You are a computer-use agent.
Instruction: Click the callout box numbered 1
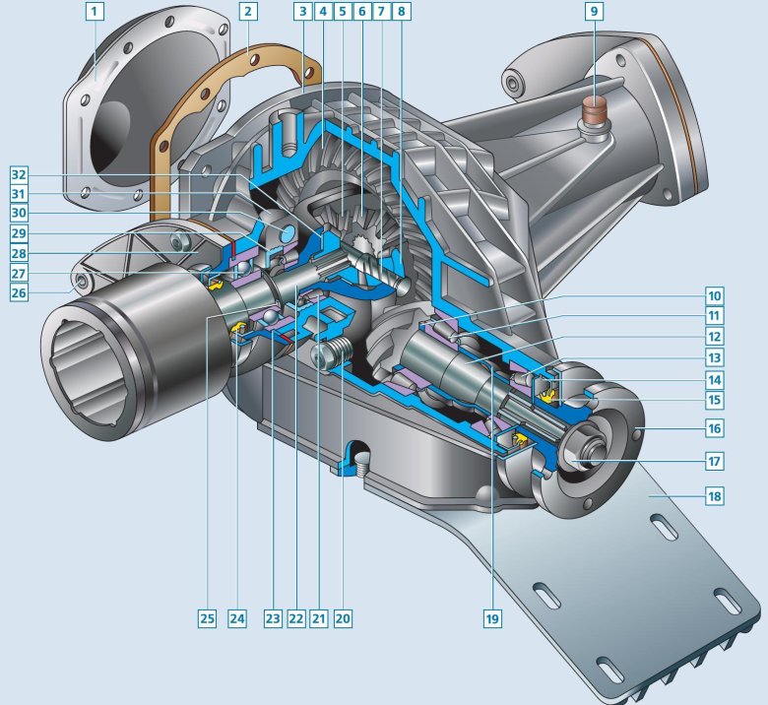(96, 11)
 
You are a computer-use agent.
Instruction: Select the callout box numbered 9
(594, 11)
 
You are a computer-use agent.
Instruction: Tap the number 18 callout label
(715, 496)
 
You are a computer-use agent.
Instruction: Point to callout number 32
(19, 175)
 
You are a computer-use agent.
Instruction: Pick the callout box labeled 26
(19, 293)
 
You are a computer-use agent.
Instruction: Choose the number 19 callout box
(492, 618)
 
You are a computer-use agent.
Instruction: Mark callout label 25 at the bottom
(207, 618)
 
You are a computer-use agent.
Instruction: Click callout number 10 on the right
(715, 296)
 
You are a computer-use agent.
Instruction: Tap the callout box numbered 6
(362, 11)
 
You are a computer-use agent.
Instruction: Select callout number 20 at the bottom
(343, 618)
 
